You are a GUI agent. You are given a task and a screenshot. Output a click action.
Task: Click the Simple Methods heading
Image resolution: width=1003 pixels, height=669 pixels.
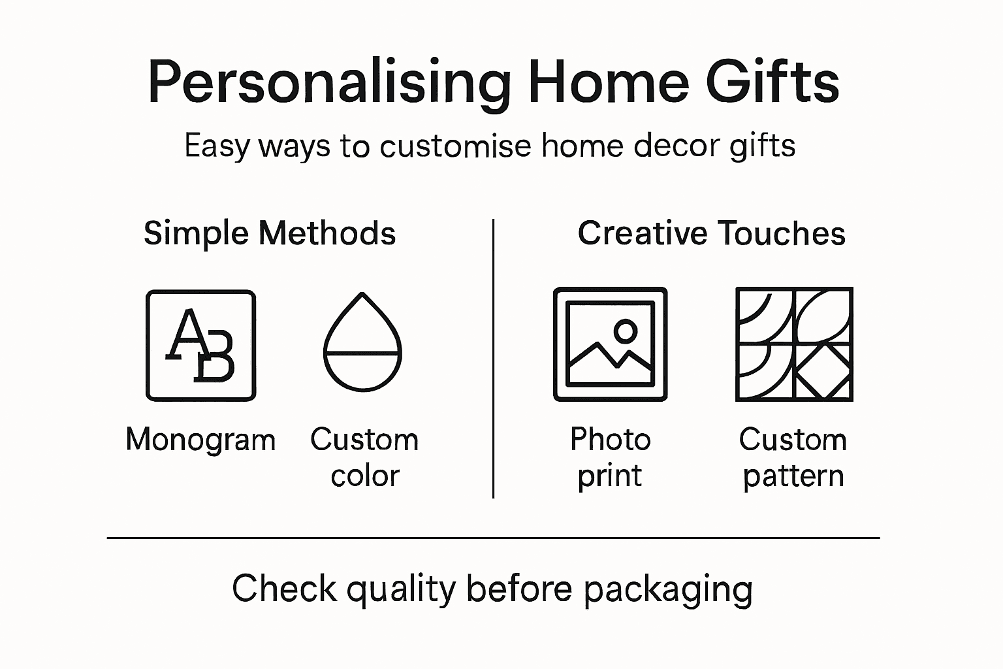(270, 233)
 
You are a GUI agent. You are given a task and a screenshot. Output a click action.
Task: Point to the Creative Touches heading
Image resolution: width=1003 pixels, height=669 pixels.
(711, 233)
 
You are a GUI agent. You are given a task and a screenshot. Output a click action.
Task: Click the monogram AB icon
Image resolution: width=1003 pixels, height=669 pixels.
(200, 345)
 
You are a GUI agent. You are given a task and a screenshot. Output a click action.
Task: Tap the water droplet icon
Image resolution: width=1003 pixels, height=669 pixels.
(362, 343)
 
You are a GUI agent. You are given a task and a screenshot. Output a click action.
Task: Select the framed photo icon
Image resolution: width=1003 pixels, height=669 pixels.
(610, 344)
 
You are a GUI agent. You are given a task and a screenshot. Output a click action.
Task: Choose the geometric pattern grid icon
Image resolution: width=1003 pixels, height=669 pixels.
(794, 344)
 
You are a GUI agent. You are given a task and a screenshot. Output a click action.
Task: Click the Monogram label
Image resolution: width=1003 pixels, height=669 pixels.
(200, 440)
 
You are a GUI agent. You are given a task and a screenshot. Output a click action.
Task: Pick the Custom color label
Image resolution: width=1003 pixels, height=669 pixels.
(364, 457)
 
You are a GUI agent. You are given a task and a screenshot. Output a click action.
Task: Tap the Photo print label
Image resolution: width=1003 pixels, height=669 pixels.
(610, 457)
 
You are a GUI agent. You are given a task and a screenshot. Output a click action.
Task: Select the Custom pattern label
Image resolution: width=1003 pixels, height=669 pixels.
(793, 457)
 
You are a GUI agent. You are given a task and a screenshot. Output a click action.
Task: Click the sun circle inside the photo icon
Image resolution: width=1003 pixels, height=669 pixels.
(626, 331)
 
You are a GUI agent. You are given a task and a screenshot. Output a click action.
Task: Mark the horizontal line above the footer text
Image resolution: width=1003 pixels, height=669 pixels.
(493, 538)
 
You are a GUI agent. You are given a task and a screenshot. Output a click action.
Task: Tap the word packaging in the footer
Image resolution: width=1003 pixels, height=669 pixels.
(667, 589)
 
